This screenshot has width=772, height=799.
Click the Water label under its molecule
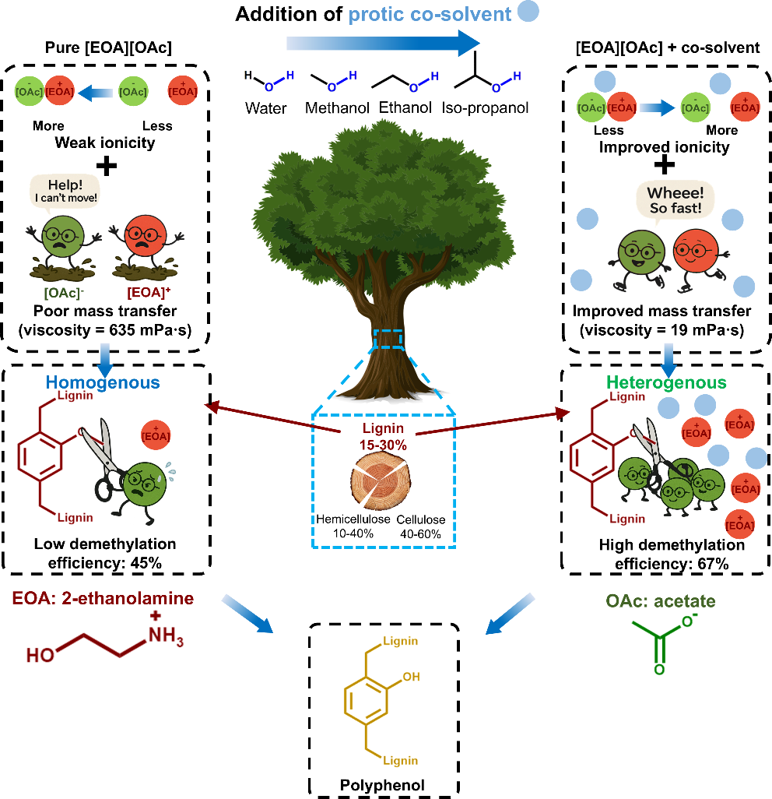click(266, 107)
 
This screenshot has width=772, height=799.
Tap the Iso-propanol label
click(485, 107)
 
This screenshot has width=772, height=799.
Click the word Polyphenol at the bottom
click(383, 785)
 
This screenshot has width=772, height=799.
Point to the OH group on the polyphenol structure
click(411, 677)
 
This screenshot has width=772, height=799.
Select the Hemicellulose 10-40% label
click(353, 526)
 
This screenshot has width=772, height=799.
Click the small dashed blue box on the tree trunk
click(387, 340)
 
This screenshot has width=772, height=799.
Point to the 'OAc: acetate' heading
click(660, 601)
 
